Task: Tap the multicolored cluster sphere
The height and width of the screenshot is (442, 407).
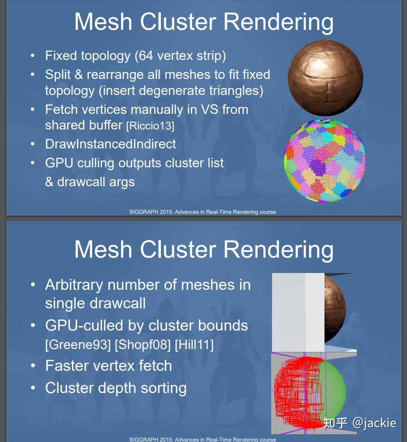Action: click(x=325, y=160)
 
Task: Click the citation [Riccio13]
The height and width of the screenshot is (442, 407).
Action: click(x=150, y=126)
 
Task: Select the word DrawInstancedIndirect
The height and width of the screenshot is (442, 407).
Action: click(x=110, y=144)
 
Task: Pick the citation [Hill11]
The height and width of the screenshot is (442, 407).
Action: click(x=194, y=345)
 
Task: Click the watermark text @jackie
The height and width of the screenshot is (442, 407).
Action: click(x=374, y=423)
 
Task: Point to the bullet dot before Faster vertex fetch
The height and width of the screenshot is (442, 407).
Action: click(x=33, y=366)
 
